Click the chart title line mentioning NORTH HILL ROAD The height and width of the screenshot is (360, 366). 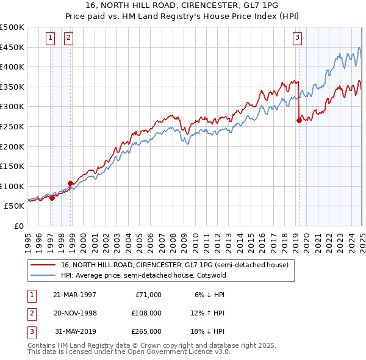pyautogui.click(x=183, y=7)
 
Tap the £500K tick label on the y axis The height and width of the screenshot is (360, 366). pyautogui.click(x=13, y=27)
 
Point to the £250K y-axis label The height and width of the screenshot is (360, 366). pyautogui.click(x=13, y=126)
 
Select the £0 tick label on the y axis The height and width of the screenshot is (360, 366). pyautogui.click(x=19, y=226)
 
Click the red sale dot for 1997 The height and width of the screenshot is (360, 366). pyautogui.click(x=52, y=198)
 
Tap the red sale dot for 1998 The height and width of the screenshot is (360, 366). pyautogui.click(x=71, y=183)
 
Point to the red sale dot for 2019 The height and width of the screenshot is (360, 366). pyautogui.click(x=299, y=121)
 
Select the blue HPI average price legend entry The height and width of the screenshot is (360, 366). pyautogui.click(x=143, y=275)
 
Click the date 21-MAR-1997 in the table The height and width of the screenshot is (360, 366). pyautogui.click(x=74, y=295)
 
